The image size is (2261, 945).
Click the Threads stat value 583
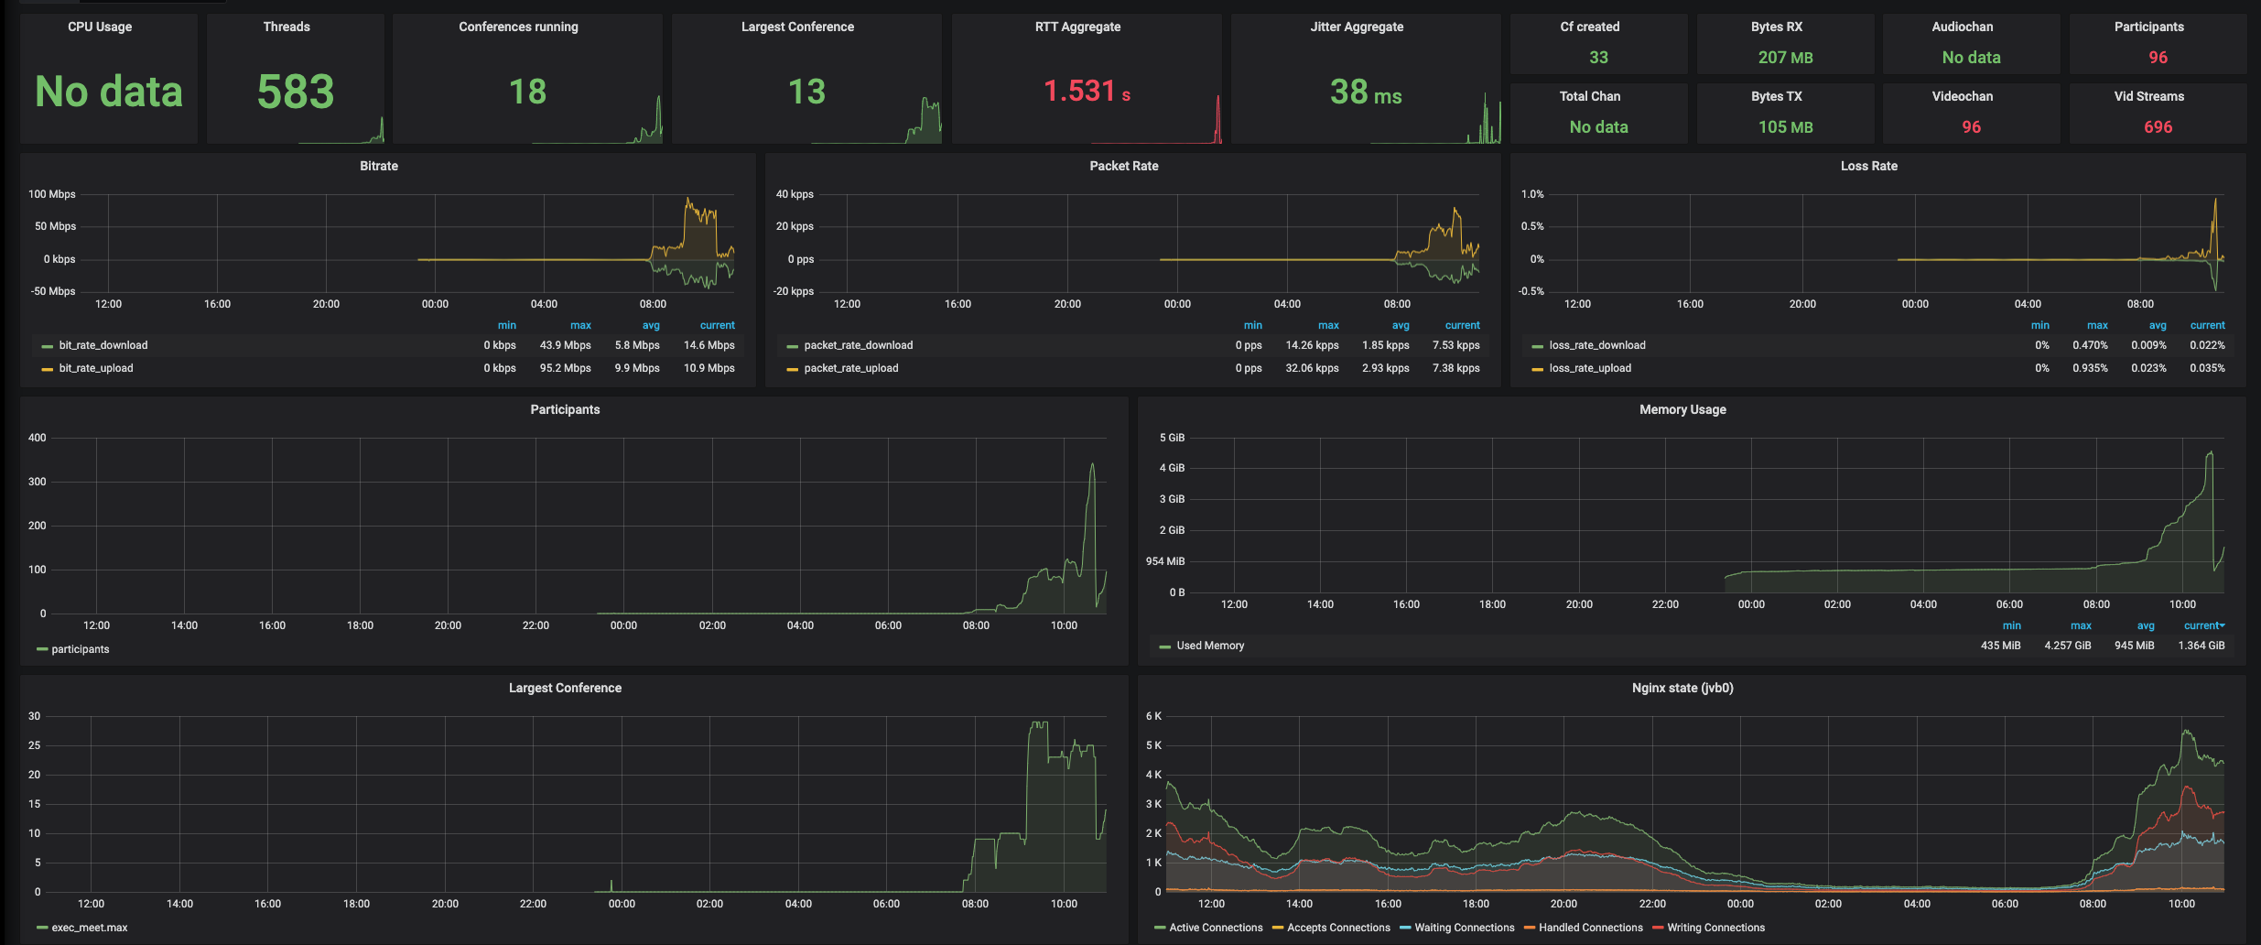tap(295, 92)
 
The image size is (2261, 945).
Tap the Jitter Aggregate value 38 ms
tap(1365, 92)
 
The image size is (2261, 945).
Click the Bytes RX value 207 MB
tap(1785, 58)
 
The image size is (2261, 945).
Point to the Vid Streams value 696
tap(2158, 127)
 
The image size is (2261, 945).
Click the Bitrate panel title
tap(379, 166)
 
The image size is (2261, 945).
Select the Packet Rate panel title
tap(1123, 166)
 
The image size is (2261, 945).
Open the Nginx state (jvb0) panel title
tap(1682, 688)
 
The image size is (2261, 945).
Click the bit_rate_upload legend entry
tap(96, 368)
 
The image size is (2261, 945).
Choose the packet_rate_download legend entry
tap(858, 345)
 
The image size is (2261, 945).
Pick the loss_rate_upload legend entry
tap(1590, 368)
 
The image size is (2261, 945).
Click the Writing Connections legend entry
tap(1715, 928)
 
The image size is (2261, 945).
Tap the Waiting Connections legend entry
tap(1464, 928)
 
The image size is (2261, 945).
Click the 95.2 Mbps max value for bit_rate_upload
tap(565, 368)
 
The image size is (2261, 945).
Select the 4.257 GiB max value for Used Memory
tap(2067, 646)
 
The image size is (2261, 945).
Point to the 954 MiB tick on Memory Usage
tap(1164, 561)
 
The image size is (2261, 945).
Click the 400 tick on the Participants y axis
tap(37, 438)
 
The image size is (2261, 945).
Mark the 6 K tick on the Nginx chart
tap(1153, 716)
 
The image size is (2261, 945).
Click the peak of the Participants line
tap(1092, 464)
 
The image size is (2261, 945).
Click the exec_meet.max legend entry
tap(89, 928)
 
